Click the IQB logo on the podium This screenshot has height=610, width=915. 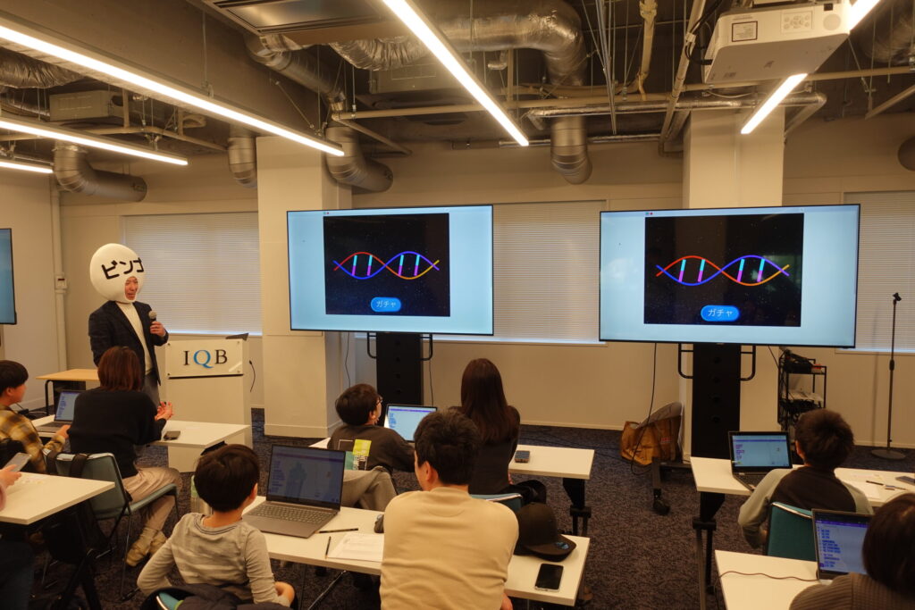point(205,358)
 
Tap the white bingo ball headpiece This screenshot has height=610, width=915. point(116,271)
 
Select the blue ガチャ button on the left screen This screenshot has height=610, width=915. point(386,304)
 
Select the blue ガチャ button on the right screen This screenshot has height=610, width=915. point(719,313)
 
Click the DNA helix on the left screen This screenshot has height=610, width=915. point(386,264)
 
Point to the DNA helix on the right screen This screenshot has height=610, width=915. point(722,269)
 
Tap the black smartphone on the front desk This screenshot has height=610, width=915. point(549,576)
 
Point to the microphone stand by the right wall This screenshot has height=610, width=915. point(891,375)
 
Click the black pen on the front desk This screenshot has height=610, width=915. point(339,531)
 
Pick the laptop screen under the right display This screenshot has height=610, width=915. point(760,451)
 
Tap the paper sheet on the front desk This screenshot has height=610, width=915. point(356,547)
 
